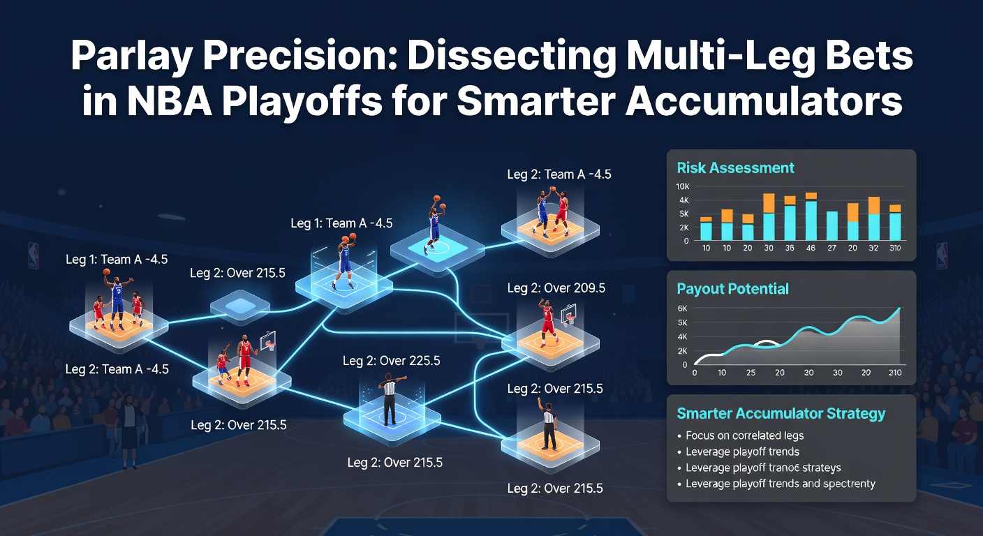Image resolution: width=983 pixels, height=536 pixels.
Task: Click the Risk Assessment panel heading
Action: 735,168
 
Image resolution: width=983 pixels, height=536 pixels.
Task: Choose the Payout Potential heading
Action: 732,289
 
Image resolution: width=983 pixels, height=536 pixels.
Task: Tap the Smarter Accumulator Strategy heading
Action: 781,414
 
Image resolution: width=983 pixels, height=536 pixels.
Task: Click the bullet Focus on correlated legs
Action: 744,435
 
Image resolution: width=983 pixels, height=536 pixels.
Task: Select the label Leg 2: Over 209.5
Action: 556,288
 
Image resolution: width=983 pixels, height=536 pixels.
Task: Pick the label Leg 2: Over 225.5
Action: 391,362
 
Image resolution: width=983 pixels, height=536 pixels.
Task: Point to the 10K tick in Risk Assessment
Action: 683,187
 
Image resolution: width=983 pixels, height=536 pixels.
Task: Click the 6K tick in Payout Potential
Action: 683,308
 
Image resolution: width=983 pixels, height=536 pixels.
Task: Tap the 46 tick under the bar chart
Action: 811,248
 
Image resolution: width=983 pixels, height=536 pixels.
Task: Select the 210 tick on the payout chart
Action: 894,373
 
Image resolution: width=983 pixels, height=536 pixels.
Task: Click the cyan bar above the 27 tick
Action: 832,225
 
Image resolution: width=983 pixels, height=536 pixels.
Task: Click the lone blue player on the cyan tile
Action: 434,223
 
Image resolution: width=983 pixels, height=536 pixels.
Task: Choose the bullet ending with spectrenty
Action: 780,484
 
